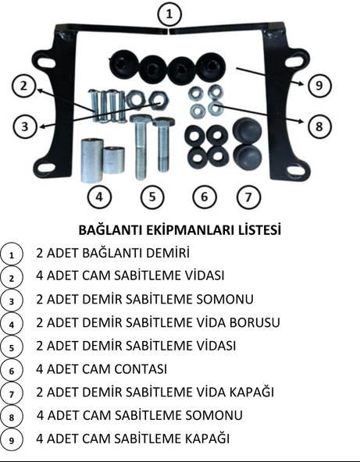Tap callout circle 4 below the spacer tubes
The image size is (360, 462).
pyautogui.click(x=98, y=197)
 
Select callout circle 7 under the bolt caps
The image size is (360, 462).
pyautogui.click(x=248, y=197)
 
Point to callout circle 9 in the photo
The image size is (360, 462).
pyautogui.click(x=316, y=86)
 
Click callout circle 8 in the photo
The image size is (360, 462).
pyautogui.click(x=316, y=124)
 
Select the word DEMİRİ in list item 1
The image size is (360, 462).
pyautogui.click(x=166, y=253)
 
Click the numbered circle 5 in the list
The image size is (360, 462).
pyautogui.click(x=12, y=346)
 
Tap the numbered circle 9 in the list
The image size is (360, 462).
pyautogui.click(x=12, y=439)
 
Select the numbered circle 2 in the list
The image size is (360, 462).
pyautogui.click(x=12, y=276)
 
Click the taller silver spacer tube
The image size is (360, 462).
pyautogui.click(x=91, y=159)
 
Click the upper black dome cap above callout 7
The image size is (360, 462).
pyautogui.click(x=246, y=130)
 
